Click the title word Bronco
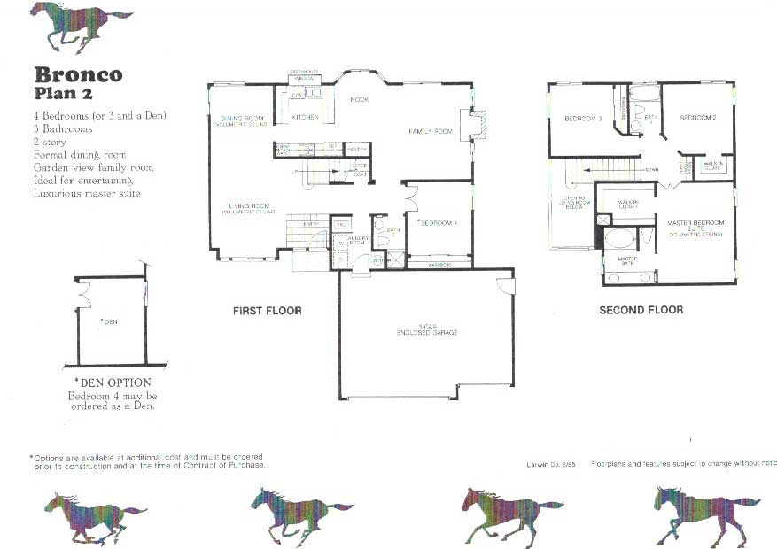click(78, 74)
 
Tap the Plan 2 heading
click(63, 93)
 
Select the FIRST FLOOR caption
click(268, 311)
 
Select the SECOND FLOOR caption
click(641, 311)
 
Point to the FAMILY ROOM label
click(431, 131)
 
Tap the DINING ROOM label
click(242, 120)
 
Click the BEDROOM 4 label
click(438, 222)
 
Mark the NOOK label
click(360, 100)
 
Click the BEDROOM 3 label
click(583, 119)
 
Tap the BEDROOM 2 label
click(697, 118)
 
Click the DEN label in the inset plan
click(110, 321)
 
